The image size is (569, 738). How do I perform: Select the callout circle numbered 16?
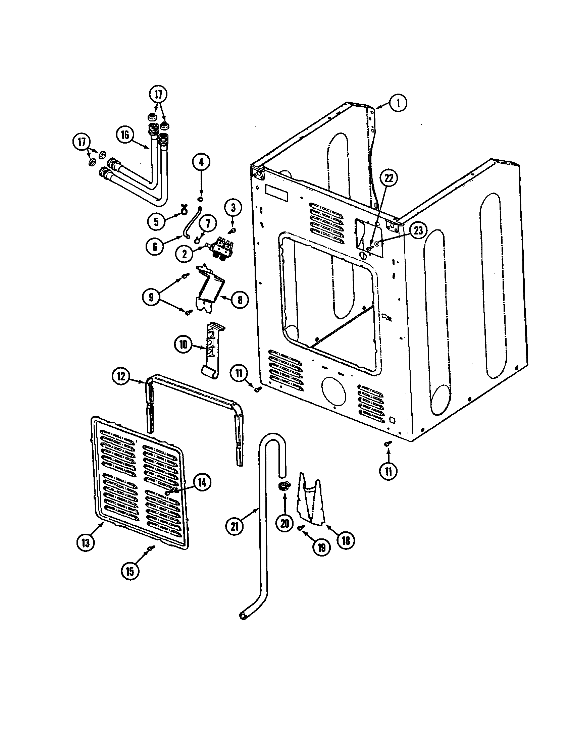(x=125, y=135)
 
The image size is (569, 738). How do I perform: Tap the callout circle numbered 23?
(x=418, y=231)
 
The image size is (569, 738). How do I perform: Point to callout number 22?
(x=389, y=178)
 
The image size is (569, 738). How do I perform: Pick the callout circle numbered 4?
(x=201, y=163)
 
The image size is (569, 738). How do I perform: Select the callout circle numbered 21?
(x=235, y=526)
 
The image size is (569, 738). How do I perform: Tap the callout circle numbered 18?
(x=346, y=541)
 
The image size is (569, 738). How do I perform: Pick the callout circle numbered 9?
(x=151, y=297)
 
